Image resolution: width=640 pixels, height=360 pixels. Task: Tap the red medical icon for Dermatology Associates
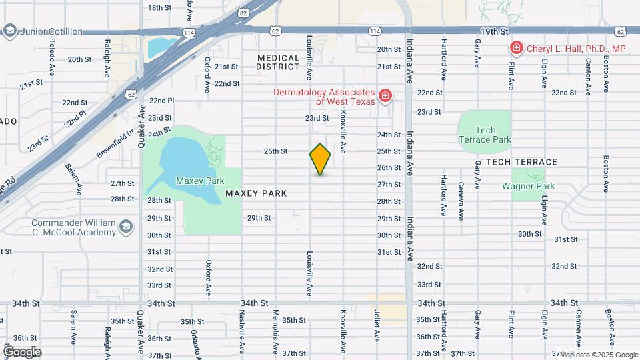[x=385, y=97]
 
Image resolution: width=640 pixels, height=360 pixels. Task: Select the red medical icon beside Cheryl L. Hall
[x=515, y=48]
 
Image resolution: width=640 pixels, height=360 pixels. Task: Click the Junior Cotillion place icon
[x=9, y=31]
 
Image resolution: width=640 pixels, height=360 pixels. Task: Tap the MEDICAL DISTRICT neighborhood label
[x=279, y=62]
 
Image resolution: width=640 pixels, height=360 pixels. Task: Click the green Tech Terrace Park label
[x=484, y=135]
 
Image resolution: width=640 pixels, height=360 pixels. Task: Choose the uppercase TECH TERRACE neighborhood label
[x=521, y=162]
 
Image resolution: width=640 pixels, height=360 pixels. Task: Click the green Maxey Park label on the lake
[x=199, y=181]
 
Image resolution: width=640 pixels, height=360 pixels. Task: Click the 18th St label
[x=160, y=7]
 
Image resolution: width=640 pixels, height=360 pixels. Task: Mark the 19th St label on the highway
[x=495, y=31]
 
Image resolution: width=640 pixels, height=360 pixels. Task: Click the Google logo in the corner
[x=22, y=351]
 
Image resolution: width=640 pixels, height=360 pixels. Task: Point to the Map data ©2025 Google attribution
[x=598, y=355]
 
